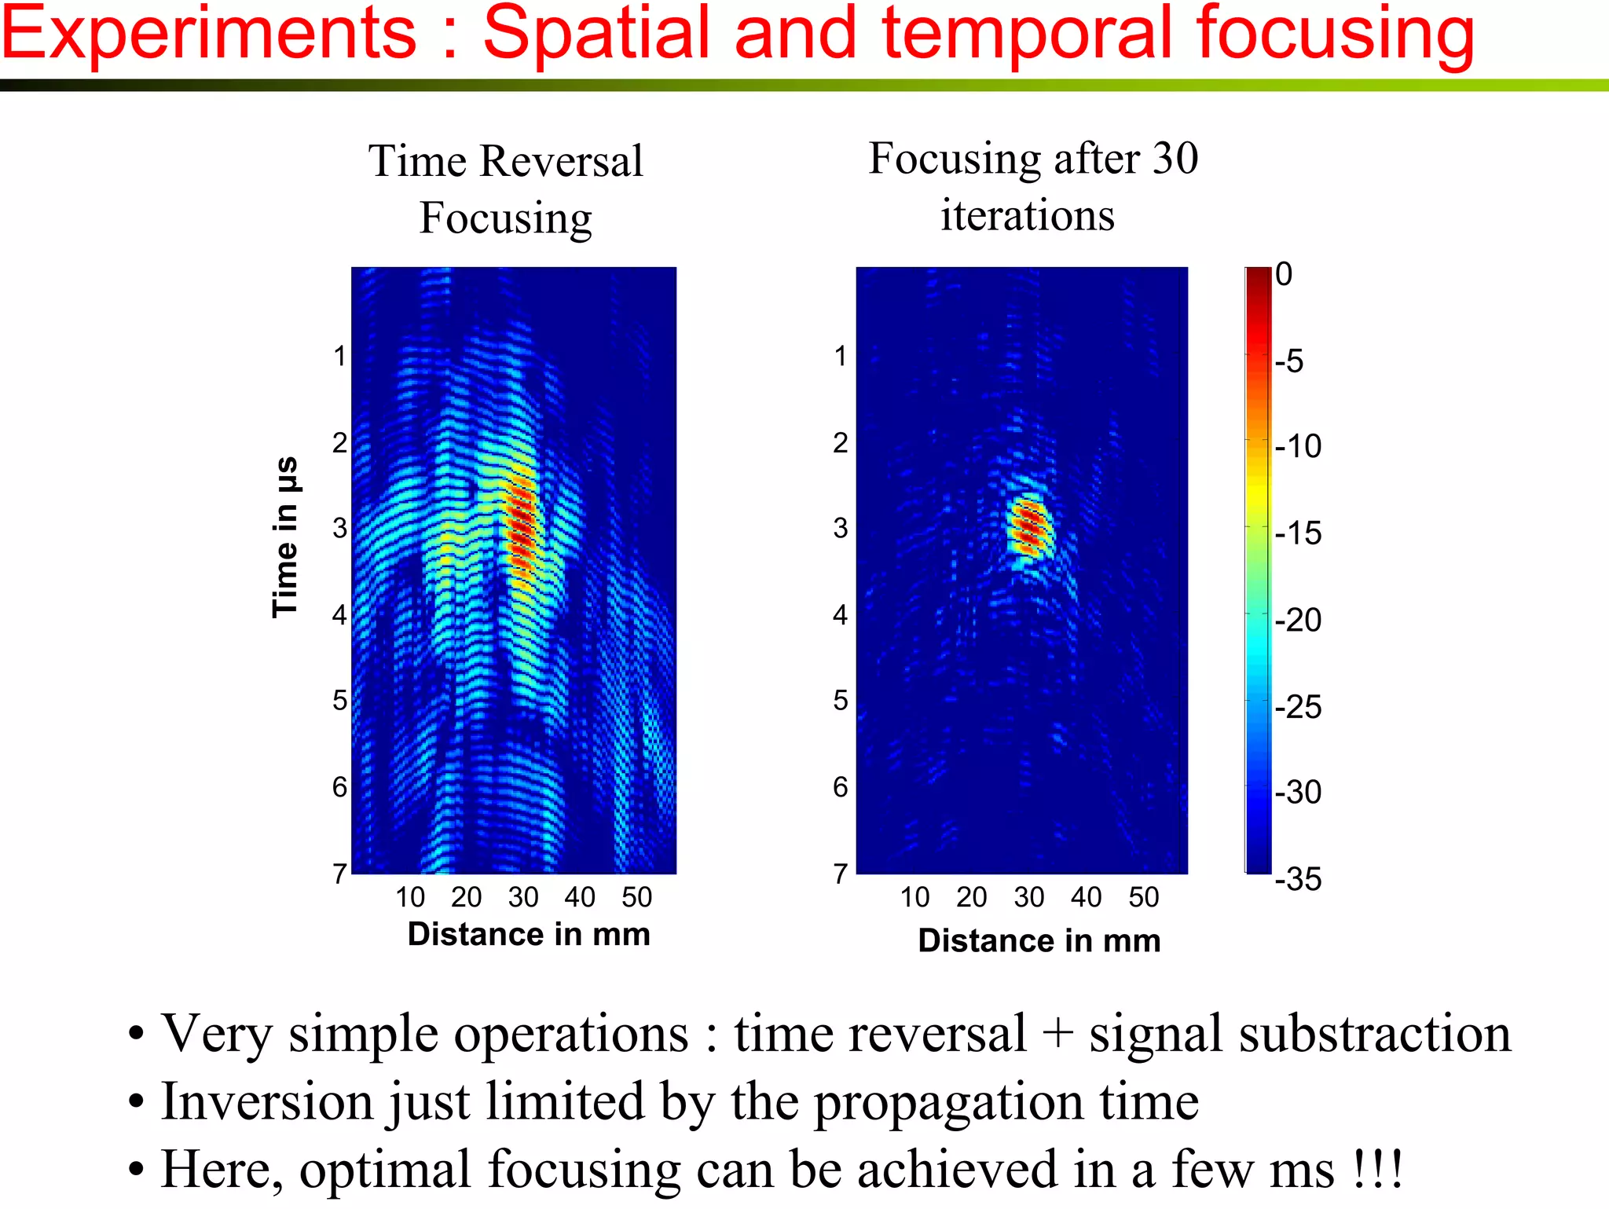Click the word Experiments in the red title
(208, 35)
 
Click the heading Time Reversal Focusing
(506, 189)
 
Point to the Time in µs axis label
(284, 537)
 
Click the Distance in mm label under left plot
(529, 934)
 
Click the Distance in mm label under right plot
(1039, 940)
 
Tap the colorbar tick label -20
(1298, 621)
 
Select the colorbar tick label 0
(1284, 274)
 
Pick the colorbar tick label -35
(1298, 879)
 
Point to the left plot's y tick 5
(339, 700)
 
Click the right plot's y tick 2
(841, 443)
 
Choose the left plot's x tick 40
(580, 897)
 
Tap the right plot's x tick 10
(914, 897)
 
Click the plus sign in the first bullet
(1057, 1033)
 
